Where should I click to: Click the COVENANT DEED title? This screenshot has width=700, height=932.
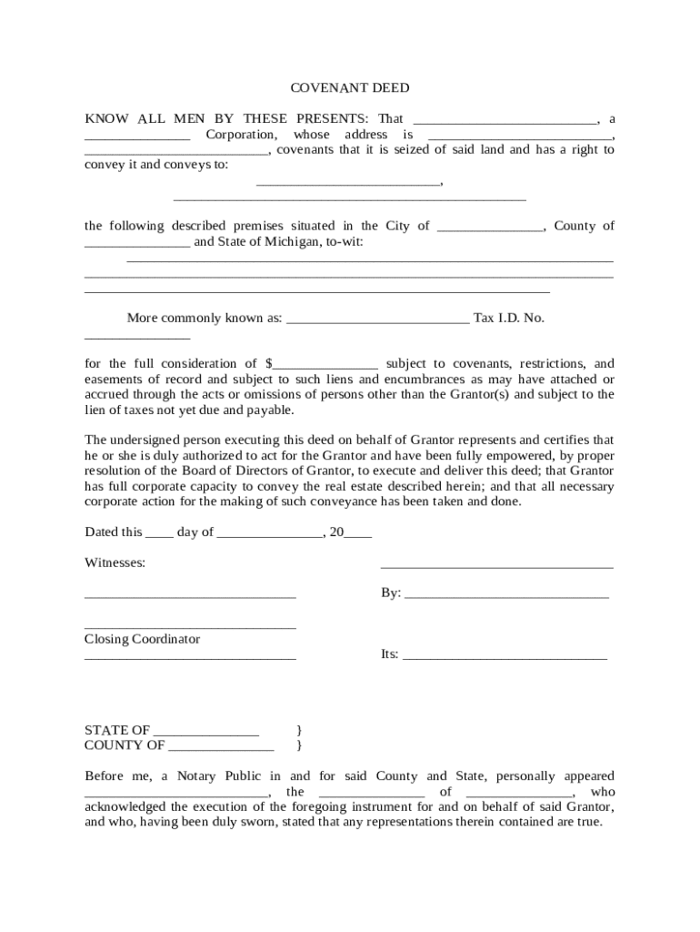(350, 88)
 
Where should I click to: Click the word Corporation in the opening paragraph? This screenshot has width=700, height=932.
(240, 134)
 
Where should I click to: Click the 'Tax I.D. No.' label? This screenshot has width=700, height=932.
(509, 318)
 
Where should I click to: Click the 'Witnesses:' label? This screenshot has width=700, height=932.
(115, 562)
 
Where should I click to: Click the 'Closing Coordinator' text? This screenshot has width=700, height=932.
(142, 639)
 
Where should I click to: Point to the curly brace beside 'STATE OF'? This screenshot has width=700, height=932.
(299, 730)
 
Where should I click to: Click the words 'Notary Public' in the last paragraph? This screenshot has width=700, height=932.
(218, 776)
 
